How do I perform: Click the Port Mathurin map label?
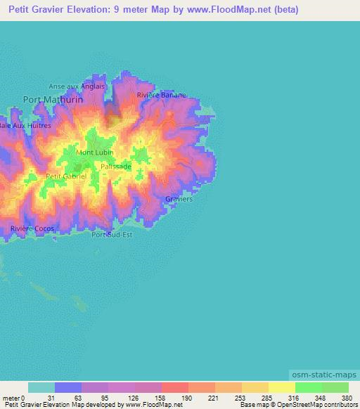53,100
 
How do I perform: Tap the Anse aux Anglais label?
77,86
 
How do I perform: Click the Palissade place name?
115,167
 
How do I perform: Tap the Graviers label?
179,199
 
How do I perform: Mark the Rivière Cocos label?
32,229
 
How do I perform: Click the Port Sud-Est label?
112,234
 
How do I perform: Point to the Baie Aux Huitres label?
25,125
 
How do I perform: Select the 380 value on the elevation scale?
348,397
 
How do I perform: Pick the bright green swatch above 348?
308,387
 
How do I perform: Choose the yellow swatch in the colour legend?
281,387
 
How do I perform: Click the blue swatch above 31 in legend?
68,387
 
